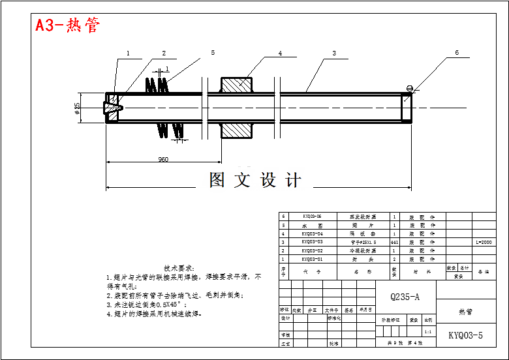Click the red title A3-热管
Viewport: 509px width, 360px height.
pyautogui.click(x=68, y=25)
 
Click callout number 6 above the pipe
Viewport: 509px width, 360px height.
pyautogui.click(x=457, y=53)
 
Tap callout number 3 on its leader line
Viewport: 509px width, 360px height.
pyautogui.click(x=333, y=53)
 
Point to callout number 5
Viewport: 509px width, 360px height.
pyautogui.click(x=213, y=53)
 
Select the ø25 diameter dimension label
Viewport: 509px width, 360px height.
pyautogui.click(x=78, y=108)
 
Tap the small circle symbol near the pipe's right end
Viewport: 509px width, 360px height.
pyautogui.click(x=409, y=88)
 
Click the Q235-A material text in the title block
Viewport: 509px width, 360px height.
pyautogui.click(x=405, y=297)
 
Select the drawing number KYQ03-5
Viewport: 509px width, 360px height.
pyautogui.click(x=465, y=336)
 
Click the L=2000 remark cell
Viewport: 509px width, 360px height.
pyautogui.click(x=484, y=241)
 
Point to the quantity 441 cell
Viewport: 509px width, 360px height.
pyautogui.click(x=394, y=241)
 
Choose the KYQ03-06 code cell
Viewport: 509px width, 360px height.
pyautogui.click(x=312, y=216)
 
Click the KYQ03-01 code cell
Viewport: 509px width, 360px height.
pyautogui.click(x=312, y=258)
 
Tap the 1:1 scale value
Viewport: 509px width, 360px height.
pyautogui.click(x=427, y=331)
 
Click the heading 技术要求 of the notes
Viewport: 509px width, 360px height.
pyautogui.click(x=179, y=268)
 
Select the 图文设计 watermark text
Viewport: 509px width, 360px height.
pyautogui.click(x=254, y=180)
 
